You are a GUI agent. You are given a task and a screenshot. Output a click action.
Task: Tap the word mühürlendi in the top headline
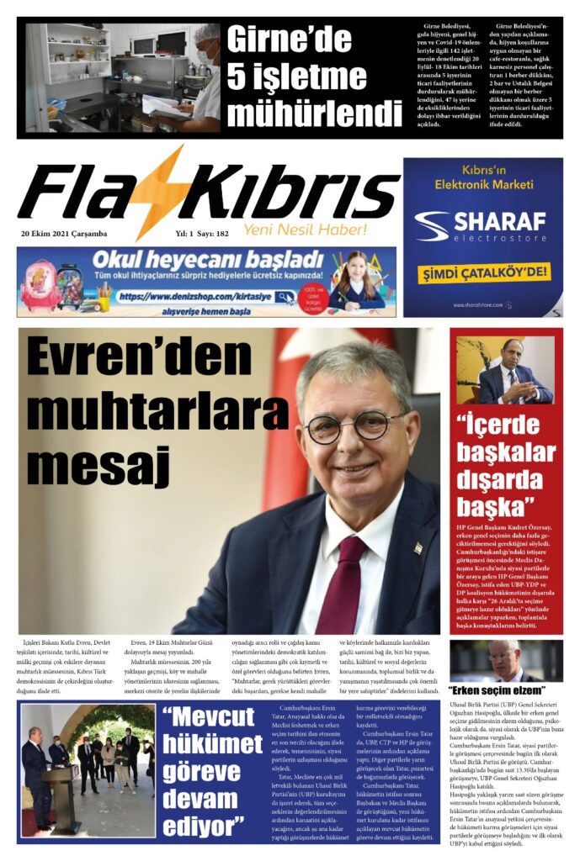pyautogui.click(x=314, y=113)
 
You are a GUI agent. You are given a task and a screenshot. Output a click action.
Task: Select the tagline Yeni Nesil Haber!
pyautogui.click(x=306, y=230)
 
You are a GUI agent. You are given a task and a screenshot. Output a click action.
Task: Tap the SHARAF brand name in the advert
pyautogui.click(x=501, y=221)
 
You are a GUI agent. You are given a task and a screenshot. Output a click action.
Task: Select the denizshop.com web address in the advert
pyautogui.click(x=195, y=297)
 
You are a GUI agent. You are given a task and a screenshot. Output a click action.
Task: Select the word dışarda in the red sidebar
pyautogui.click(x=505, y=478)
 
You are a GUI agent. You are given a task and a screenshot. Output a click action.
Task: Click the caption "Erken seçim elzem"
pyautogui.click(x=492, y=689)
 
